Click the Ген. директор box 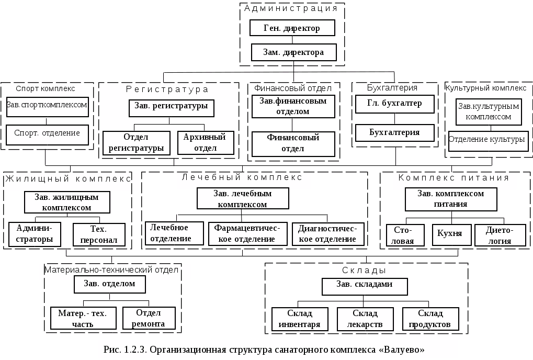pyautogui.click(x=292, y=28)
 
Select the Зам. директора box pyautogui.click(x=293, y=52)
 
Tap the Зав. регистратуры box pyautogui.click(x=172, y=108)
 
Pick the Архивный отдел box pyautogui.click(x=206, y=143)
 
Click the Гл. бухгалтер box pyautogui.click(x=395, y=104)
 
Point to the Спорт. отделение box pyautogui.click(x=47, y=135)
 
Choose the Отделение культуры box pyautogui.click(x=488, y=141)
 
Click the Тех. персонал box pyautogui.click(x=99, y=234)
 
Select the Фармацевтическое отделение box pyautogui.click(x=247, y=234)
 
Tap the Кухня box pyautogui.click(x=452, y=234)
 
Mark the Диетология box pyautogui.click(x=500, y=235)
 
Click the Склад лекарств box pyautogui.click(x=365, y=319)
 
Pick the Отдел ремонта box pyautogui.click(x=149, y=318)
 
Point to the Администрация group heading pyautogui.click(x=291, y=8)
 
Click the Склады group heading pyautogui.click(x=364, y=271)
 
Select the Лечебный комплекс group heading pyautogui.click(x=242, y=177)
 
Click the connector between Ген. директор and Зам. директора pyautogui.click(x=292, y=40)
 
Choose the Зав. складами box pyautogui.click(x=365, y=287)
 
